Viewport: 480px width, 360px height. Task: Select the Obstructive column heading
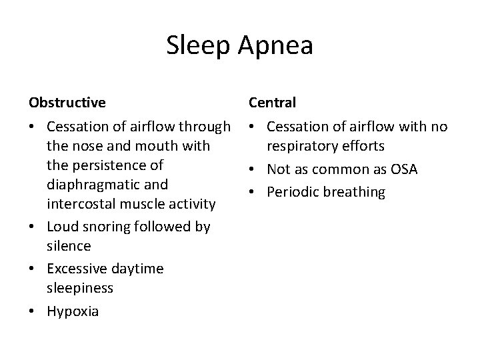click(67, 103)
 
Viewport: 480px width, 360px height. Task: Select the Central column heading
click(273, 103)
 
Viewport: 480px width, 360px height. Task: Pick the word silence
click(69, 245)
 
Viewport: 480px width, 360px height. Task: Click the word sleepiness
click(81, 287)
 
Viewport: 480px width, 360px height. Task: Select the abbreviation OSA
click(401, 169)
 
